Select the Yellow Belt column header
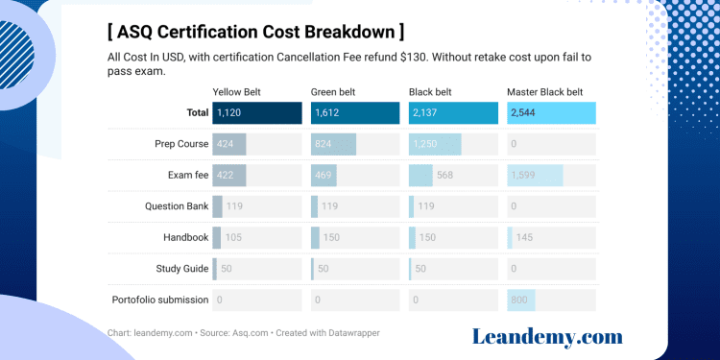coord(236,92)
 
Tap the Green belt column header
coord(333,92)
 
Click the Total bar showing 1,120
coord(256,113)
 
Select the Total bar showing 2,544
coord(551,113)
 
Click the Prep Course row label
coord(181,144)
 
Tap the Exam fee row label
coord(187,176)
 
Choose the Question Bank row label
coord(177,206)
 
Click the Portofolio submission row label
coord(159,300)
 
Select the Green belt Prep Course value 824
coord(324,144)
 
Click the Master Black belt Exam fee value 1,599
coord(525,176)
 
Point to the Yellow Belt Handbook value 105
coord(233,237)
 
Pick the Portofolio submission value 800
coord(520,300)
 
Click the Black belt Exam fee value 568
coord(445,176)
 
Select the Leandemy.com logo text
coord(547,336)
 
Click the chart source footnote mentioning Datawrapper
coord(244,333)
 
